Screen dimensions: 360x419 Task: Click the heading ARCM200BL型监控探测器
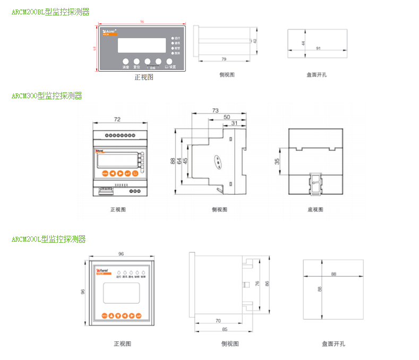coord(50,12)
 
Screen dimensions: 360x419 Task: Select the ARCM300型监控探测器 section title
coord(47,96)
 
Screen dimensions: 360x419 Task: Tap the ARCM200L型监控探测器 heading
coord(48,239)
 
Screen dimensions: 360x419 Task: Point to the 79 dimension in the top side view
coord(224,59)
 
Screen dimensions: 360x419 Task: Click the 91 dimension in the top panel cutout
coord(318,48)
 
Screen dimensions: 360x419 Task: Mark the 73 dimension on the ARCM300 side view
coord(215,110)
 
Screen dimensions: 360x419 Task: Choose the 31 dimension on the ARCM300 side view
coord(234,123)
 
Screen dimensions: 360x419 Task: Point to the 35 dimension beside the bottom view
coord(277,161)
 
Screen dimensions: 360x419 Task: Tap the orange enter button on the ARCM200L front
coord(139,315)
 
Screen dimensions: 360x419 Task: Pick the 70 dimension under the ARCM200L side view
coord(218,321)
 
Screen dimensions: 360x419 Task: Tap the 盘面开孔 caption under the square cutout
coord(333,344)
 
